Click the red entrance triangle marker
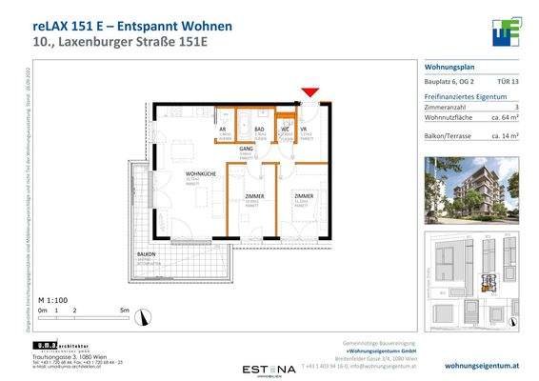tap(309, 92)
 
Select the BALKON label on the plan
tap(146, 254)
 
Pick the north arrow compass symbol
tap(141, 316)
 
